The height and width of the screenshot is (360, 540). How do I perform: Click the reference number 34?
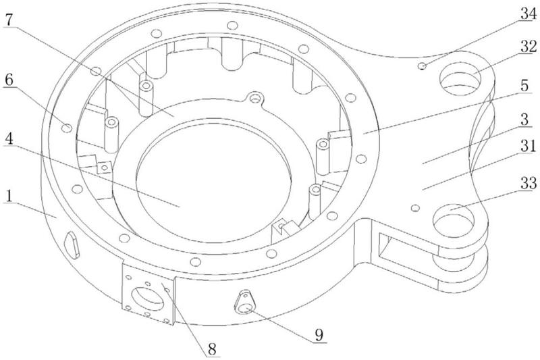coord(529,14)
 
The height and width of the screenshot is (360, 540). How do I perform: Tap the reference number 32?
coord(529,47)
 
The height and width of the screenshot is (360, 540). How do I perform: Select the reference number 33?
coord(529,183)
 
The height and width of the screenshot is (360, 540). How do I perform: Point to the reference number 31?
coord(529,147)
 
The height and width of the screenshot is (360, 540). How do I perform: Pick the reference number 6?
coord(9,79)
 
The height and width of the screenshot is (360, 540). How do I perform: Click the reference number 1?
coord(9,196)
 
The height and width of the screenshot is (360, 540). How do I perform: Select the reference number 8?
coord(212,349)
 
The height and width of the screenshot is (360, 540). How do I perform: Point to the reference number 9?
coord(319,334)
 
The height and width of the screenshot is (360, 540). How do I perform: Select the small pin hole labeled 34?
coord(421,66)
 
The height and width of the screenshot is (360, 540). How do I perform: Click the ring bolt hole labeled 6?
coord(66,128)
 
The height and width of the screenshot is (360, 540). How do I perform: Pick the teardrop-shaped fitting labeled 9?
coord(246,302)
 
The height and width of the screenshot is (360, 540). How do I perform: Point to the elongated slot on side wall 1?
coord(72,245)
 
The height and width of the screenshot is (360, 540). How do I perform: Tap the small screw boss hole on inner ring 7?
coord(254,98)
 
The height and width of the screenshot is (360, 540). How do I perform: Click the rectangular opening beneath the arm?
coord(406,251)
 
